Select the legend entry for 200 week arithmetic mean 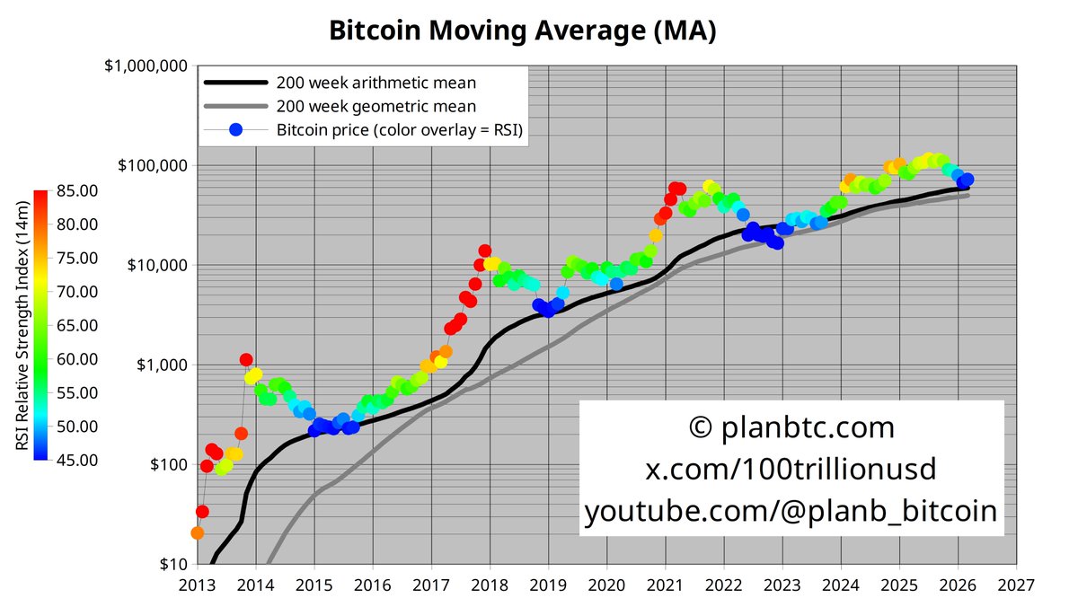tap(376, 84)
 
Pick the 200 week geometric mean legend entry tap(376, 107)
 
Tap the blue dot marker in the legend tap(235, 130)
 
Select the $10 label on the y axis tap(173, 564)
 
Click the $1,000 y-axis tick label tap(162, 365)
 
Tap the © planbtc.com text tap(791, 427)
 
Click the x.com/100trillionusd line tap(791, 469)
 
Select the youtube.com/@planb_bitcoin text tap(791, 511)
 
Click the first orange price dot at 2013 tap(198, 532)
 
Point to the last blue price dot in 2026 tap(967, 180)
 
